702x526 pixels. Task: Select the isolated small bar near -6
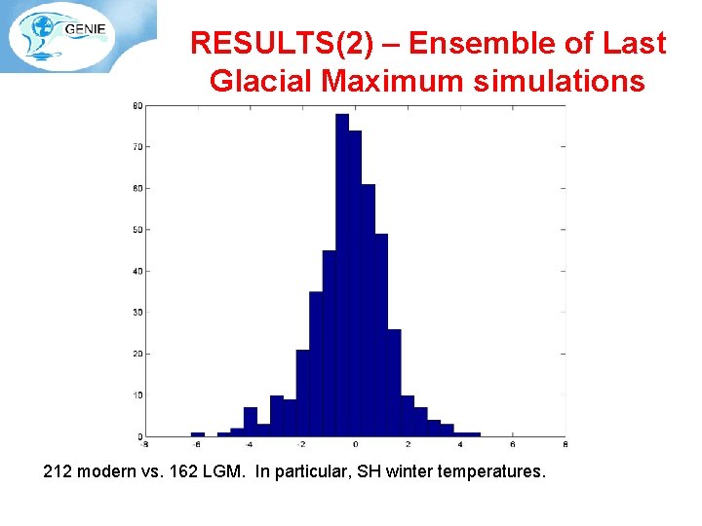pos(198,433)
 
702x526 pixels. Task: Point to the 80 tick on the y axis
pos(137,105)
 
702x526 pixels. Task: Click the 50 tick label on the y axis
pos(137,230)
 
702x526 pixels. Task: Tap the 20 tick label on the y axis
pos(137,354)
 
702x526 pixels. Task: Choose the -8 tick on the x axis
pos(144,444)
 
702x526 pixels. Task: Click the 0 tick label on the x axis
pos(356,444)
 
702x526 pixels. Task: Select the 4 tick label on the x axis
pos(461,444)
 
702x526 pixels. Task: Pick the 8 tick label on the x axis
pos(566,444)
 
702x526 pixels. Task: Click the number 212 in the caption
pos(58,472)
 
